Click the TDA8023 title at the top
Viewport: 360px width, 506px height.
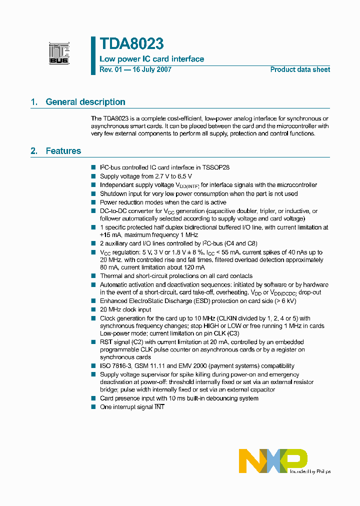pyautogui.click(x=131, y=44)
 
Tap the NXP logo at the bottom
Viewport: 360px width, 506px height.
pyautogui.click(x=273, y=460)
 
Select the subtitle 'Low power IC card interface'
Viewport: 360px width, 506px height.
pyautogui.click(x=152, y=59)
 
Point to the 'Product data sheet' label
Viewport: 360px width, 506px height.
pyautogui.click(x=300, y=69)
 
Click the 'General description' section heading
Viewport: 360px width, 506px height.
pyautogui.click(x=85, y=102)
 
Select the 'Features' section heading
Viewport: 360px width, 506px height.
pyautogui.click(x=63, y=151)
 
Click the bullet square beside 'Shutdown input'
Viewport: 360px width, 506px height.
pyautogui.click(x=93, y=193)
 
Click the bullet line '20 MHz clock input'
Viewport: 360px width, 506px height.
pyautogui.click(x=125, y=309)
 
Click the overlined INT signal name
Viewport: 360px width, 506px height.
pyautogui.click(x=159, y=407)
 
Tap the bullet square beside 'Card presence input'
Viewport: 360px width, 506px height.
pyautogui.click(x=93, y=398)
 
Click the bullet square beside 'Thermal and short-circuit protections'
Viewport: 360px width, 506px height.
pyautogui.click(x=93, y=276)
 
